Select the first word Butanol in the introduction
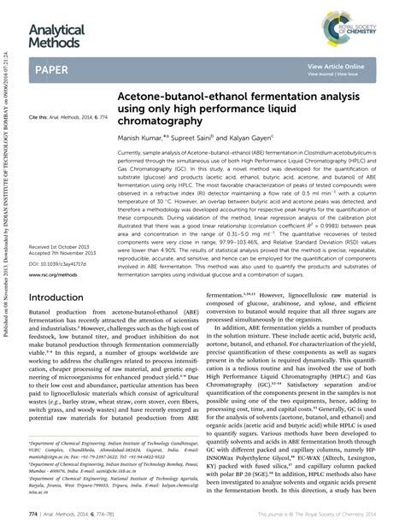(x=41, y=315)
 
